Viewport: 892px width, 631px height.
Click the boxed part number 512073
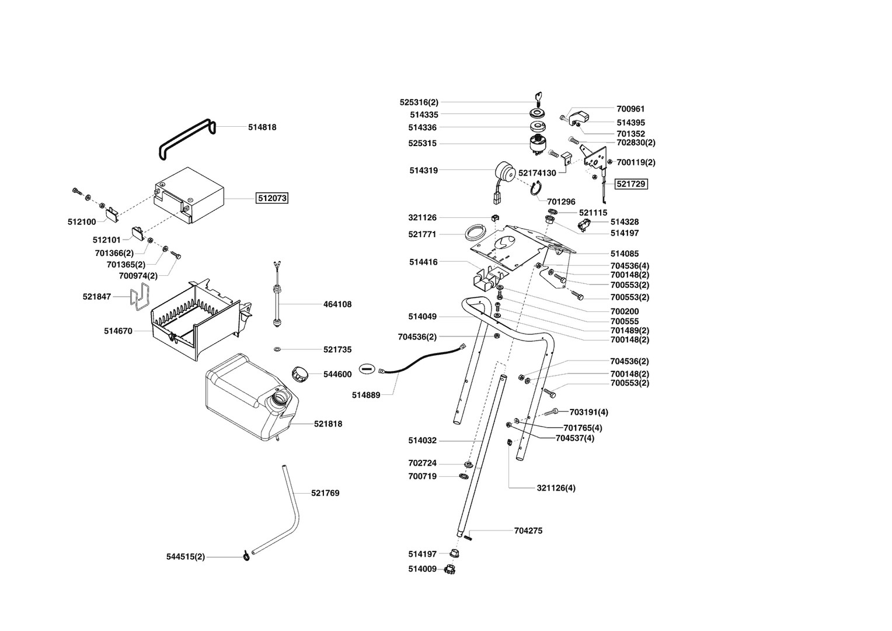tap(272, 198)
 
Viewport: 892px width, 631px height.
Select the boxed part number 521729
tap(631, 184)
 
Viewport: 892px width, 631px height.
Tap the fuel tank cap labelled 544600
tap(301, 374)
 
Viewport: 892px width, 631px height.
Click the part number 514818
tap(262, 127)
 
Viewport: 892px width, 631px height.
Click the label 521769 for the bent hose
tap(325, 493)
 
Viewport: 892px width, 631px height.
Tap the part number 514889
tap(366, 395)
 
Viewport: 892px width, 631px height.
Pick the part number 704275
tap(528, 531)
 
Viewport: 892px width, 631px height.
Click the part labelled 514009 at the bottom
tap(450, 568)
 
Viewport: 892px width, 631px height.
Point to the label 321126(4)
tap(556, 488)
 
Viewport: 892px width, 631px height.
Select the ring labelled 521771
tap(476, 233)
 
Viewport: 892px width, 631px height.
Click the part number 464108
tap(337, 304)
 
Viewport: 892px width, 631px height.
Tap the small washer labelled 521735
tap(277, 349)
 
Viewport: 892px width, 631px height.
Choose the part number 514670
tap(118, 331)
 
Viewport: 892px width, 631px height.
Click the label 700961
tap(630, 109)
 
